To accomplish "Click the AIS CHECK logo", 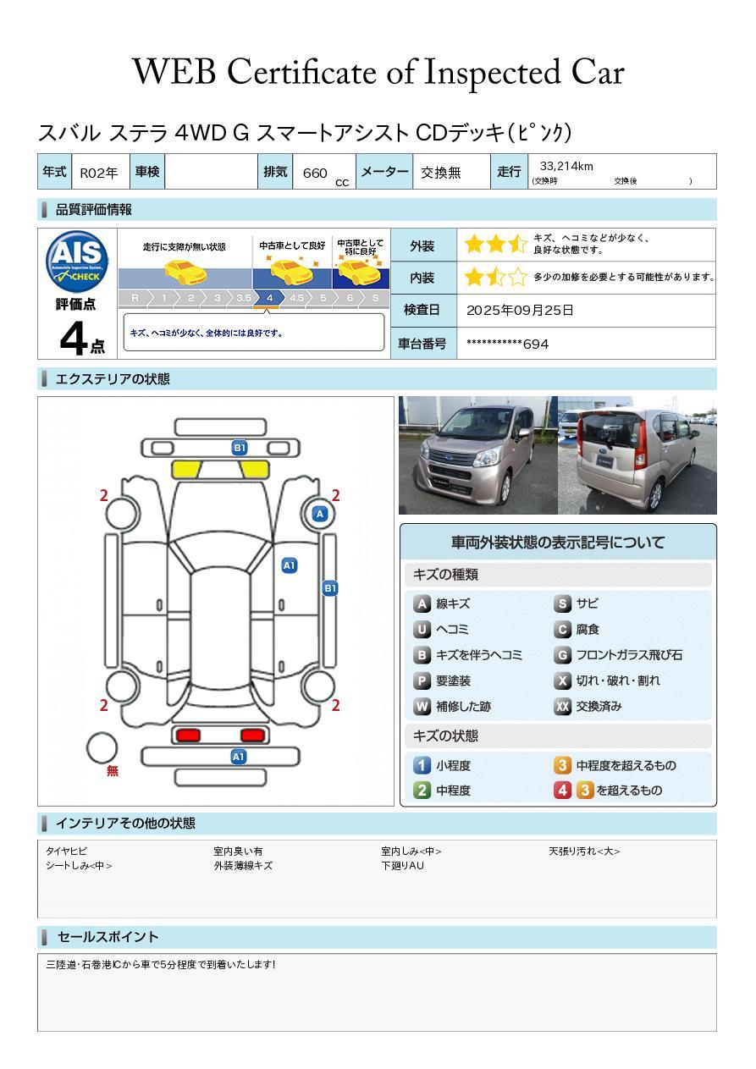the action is pos(77,262).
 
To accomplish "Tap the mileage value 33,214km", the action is pos(566,166).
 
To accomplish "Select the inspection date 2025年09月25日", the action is pos(520,310).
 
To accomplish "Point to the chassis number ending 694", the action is pos(507,344).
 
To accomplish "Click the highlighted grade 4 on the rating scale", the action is pos(269,298).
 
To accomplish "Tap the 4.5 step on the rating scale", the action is pos(296,298).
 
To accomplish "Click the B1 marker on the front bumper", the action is pos(239,448).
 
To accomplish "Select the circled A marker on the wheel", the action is pos(320,514).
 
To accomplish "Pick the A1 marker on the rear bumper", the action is pos(238,757).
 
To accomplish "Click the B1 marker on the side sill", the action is pos(330,588).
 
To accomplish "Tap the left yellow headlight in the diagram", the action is pos(185,470).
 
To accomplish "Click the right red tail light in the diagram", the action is pos(252,735).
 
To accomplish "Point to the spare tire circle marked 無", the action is pos(102,748).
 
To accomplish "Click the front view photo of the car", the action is pos(477,455).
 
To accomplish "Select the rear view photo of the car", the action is pos(637,455).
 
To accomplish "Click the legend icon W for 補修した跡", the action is pos(422,706).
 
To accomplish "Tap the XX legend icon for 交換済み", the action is pos(562,706).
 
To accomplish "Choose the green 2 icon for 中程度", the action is pos(422,791).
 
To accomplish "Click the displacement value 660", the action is pos(315,173).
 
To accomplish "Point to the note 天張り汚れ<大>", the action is pos(583,851).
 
